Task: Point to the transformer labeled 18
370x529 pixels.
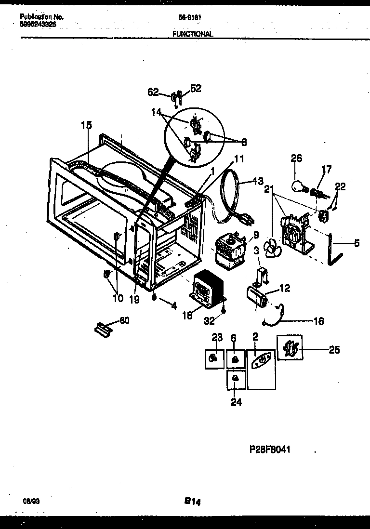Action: click(x=203, y=289)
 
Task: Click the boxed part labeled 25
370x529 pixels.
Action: click(x=290, y=348)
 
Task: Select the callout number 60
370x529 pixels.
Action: click(x=124, y=320)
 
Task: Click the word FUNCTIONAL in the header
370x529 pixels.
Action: click(x=193, y=34)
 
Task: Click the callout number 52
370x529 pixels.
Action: click(x=196, y=88)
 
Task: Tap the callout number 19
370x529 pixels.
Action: click(x=134, y=299)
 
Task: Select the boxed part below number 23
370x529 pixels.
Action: click(x=214, y=359)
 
